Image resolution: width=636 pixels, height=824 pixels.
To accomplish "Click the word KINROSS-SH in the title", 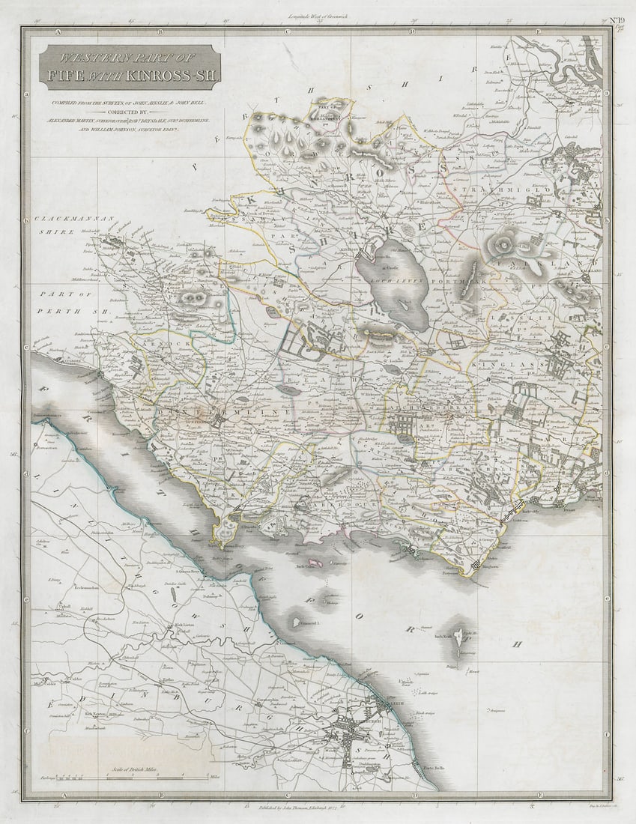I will coord(175,75).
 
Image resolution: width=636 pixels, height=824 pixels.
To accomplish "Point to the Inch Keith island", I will coord(458,645).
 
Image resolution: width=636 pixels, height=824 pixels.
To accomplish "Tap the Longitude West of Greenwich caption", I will coord(318,16).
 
